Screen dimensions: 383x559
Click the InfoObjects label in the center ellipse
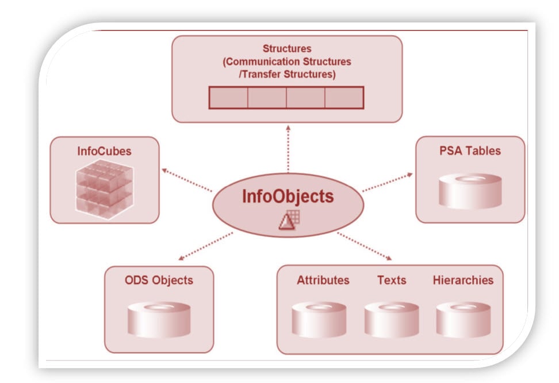pyautogui.click(x=288, y=196)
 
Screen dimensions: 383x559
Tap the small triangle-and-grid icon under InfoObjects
pyautogui.click(x=289, y=220)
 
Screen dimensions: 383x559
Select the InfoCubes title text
pyautogui.click(x=104, y=151)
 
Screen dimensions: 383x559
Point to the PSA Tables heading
pyautogui.click(x=470, y=151)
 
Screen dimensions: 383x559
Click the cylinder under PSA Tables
pyautogui.click(x=470, y=191)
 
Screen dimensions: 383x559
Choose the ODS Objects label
pyautogui.click(x=159, y=280)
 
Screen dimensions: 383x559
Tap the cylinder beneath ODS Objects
pyautogui.click(x=159, y=319)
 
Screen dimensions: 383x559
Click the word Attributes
pyautogui.click(x=323, y=280)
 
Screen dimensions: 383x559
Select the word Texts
pyautogui.click(x=392, y=280)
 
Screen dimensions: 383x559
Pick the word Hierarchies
pyautogui.click(x=462, y=280)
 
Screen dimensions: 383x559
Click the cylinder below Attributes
pyautogui.click(x=319, y=319)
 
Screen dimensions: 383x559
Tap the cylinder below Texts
pyautogui.click(x=392, y=319)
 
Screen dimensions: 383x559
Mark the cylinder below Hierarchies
pyautogui.click(x=463, y=319)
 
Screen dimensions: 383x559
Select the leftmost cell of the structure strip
pyautogui.click(x=228, y=97)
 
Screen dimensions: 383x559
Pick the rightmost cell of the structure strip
pyautogui.click(x=344, y=97)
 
